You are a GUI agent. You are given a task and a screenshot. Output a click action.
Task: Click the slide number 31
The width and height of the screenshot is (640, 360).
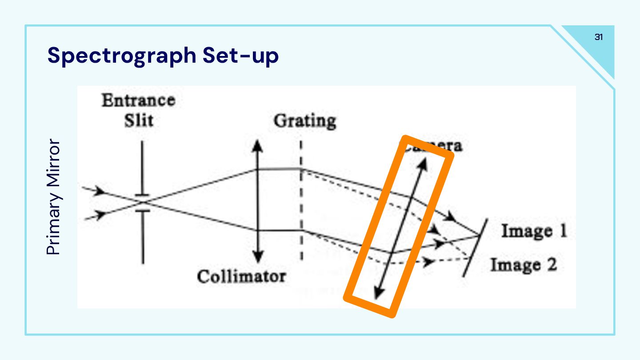click(599, 37)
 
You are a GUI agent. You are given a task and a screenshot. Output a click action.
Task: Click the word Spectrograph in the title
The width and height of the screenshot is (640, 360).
click(121, 56)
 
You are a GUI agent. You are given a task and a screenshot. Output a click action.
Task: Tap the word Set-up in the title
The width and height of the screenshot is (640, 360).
click(240, 56)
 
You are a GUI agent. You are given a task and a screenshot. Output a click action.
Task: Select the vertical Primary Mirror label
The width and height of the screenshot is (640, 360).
click(53, 197)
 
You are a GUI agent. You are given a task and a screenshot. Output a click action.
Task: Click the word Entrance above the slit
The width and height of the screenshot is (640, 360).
click(138, 100)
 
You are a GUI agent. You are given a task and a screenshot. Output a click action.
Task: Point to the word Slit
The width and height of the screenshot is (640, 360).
click(138, 120)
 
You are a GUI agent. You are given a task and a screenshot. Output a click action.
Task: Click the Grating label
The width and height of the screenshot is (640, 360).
click(305, 121)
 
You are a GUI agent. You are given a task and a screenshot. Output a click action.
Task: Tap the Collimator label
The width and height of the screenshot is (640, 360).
click(241, 276)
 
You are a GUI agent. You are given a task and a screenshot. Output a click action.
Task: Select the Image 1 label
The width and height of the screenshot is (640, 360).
click(534, 231)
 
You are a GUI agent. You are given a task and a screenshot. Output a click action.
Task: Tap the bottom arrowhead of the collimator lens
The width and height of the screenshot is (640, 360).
click(257, 258)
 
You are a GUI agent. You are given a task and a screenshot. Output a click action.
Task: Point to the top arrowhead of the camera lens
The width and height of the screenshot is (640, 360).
click(422, 164)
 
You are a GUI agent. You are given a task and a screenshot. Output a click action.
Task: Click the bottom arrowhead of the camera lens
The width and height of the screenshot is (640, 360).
click(379, 293)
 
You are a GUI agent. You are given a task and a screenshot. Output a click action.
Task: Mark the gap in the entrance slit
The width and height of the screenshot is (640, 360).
click(143, 202)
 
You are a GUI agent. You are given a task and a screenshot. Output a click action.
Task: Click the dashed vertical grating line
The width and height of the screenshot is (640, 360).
click(301, 200)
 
